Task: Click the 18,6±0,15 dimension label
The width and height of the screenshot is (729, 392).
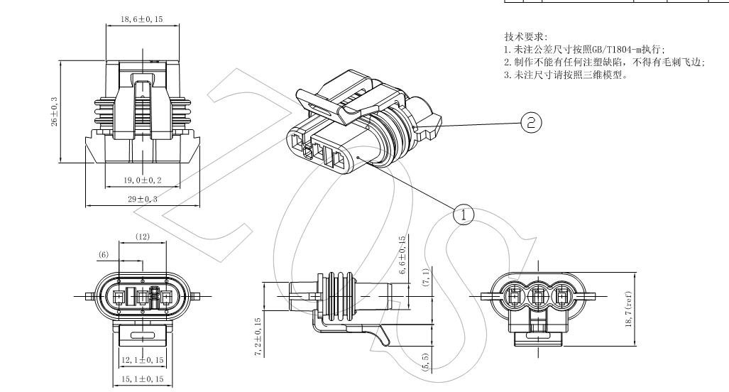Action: [142, 19]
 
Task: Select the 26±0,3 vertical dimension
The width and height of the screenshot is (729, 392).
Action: [55, 111]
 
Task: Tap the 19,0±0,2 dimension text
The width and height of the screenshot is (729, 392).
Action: [142, 180]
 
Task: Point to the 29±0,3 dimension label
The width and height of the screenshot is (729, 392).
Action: [142, 200]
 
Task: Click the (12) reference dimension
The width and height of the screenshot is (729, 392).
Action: [142, 237]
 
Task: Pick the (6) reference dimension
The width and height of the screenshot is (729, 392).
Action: [104, 254]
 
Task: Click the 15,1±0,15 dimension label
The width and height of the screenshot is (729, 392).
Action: [142, 379]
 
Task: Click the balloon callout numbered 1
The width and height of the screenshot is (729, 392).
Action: [463, 212]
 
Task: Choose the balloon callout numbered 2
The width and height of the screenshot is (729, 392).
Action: [530, 122]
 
